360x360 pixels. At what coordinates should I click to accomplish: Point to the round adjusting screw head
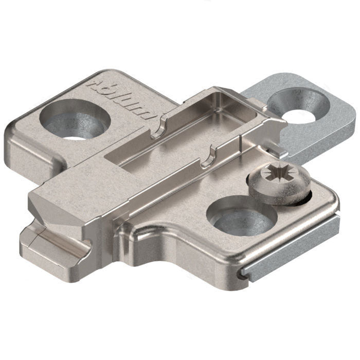coord(278,180)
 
